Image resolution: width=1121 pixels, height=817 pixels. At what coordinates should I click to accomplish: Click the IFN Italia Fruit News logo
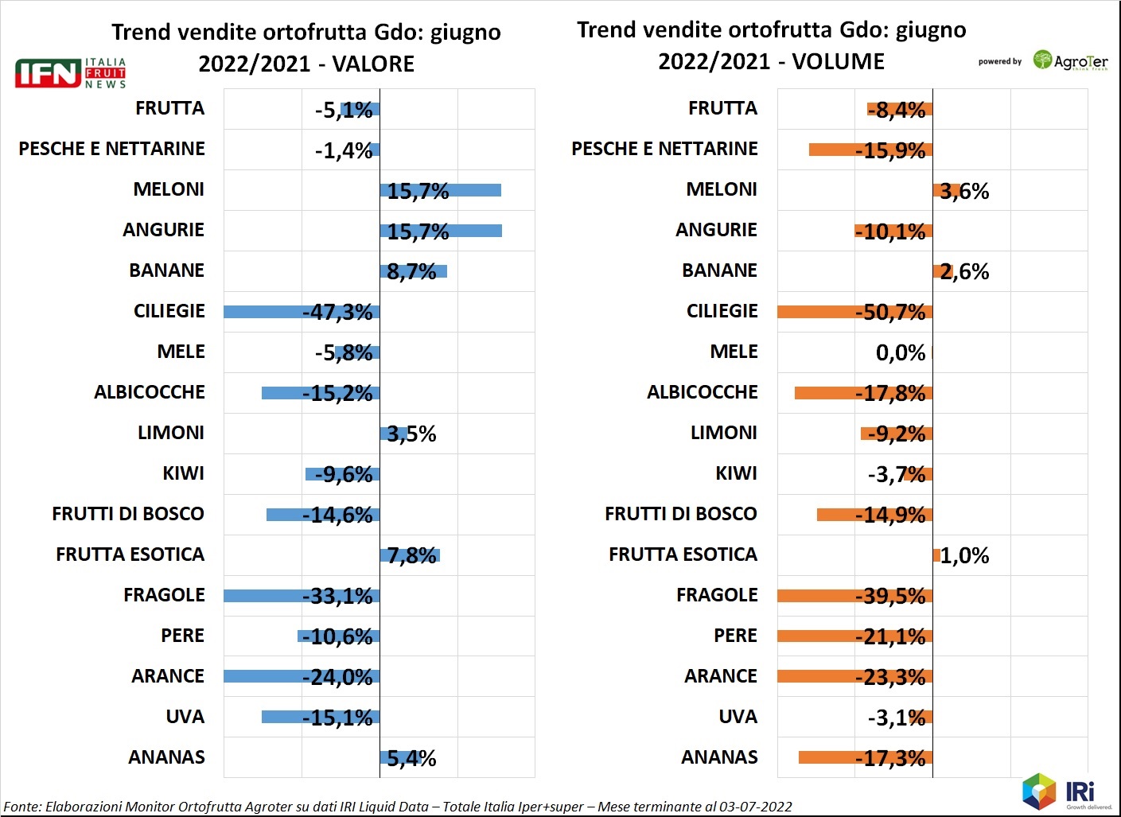(x=70, y=72)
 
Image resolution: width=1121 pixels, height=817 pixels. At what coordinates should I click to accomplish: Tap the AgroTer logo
(x=1070, y=61)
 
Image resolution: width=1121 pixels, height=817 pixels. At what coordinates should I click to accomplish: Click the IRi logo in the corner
(x=1066, y=792)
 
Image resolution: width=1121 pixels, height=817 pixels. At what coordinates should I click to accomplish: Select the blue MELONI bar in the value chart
(x=440, y=190)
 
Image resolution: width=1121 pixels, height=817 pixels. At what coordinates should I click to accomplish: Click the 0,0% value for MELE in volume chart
(x=900, y=352)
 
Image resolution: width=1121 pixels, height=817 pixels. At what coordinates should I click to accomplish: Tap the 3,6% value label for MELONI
(x=964, y=191)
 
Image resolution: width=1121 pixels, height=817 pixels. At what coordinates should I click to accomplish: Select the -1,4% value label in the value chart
(x=343, y=150)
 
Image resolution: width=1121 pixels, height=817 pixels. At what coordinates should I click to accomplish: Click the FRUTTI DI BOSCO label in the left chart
(x=128, y=514)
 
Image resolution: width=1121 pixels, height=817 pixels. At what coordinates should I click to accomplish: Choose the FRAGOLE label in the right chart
(x=717, y=595)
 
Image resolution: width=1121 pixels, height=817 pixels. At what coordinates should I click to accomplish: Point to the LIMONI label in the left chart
(x=171, y=433)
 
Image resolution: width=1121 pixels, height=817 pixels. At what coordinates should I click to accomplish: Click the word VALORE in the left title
(x=373, y=64)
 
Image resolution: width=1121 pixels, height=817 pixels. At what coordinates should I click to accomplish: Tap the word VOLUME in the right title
(x=838, y=61)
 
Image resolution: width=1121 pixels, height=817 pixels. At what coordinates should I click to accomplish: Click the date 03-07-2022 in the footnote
(x=755, y=807)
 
